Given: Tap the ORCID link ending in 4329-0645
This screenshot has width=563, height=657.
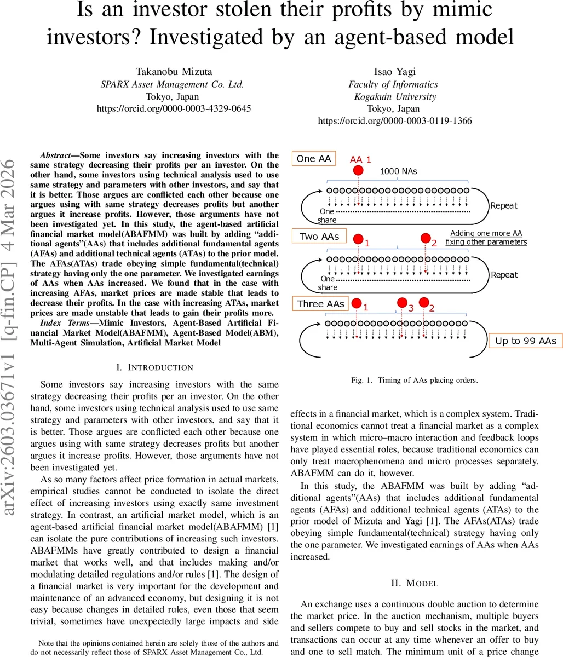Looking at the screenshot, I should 174,108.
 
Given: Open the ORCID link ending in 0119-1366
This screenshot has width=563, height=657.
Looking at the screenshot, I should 394,121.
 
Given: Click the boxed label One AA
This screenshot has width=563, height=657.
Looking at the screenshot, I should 314,159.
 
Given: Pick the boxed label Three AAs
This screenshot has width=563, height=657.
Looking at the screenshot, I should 320,304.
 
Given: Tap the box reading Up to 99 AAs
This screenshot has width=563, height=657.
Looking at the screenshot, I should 525,341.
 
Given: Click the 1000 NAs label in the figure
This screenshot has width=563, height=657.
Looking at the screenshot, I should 398,171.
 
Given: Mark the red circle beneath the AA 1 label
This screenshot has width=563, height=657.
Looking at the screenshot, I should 358,170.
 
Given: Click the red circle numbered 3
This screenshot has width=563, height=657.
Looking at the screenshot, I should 402,303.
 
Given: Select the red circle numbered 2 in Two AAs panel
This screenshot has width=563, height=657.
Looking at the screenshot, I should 426,238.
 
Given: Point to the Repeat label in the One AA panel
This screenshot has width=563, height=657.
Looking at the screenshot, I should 504,205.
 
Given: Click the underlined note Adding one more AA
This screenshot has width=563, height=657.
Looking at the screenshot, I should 486,233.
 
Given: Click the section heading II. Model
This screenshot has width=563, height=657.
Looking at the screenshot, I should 414,583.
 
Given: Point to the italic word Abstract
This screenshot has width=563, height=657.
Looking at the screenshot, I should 59,155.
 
